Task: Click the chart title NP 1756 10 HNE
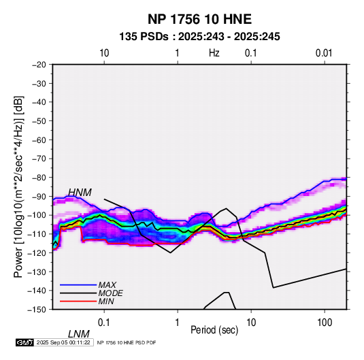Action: [199, 19]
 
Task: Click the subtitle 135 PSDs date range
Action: [199, 37]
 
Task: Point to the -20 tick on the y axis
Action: [39, 65]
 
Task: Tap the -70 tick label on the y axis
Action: [39, 159]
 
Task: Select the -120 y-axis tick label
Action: [37, 252]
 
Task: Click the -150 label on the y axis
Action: [37, 310]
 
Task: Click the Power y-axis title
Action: [18, 186]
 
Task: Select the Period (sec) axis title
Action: [214, 330]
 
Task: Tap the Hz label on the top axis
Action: [214, 53]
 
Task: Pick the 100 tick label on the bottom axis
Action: [325, 323]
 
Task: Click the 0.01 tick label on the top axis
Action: [324, 53]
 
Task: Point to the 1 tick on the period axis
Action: [178, 323]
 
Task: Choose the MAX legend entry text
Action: [107, 284]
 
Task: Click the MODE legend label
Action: [110, 293]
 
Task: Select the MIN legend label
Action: [106, 301]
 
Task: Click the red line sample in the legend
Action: [78, 301]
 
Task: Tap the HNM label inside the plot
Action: [80, 193]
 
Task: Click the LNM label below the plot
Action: [79, 334]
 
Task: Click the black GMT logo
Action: [25, 342]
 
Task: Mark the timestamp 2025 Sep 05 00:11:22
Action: [63, 342]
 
